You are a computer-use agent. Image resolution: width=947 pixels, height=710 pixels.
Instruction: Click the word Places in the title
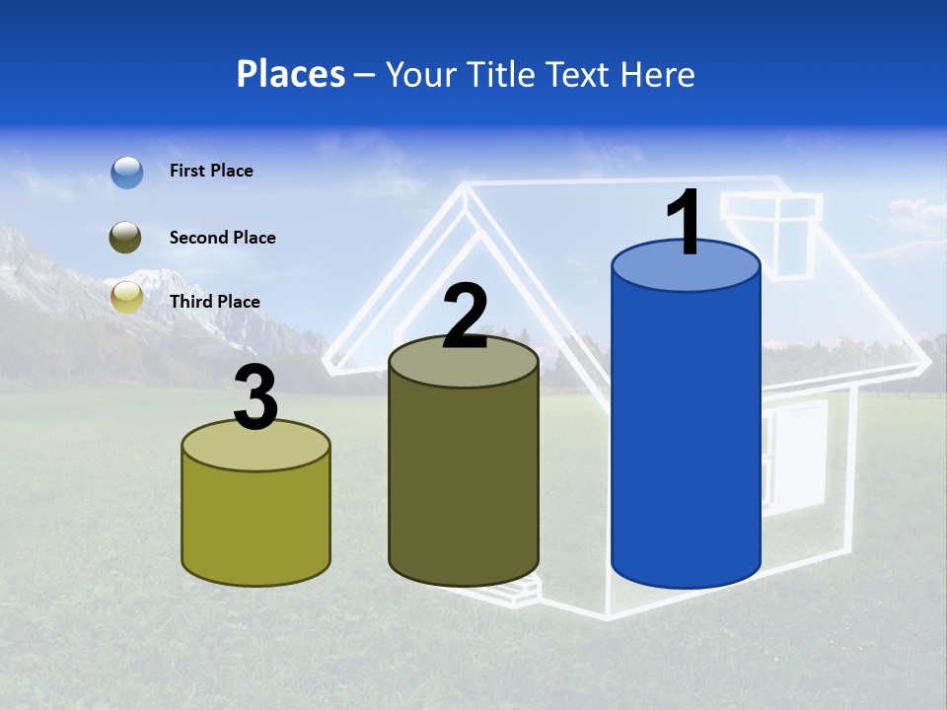click(290, 74)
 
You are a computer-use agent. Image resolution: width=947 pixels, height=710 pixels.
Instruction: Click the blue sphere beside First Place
click(127, 172)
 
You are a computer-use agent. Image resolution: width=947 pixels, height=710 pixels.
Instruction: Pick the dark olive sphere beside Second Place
click(126, 238)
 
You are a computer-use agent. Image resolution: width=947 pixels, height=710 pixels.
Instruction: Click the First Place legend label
click(211, 171)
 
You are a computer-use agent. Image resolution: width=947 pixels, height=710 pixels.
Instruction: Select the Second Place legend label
click(222, 238)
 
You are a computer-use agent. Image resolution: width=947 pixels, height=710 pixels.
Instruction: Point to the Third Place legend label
click(214, 302)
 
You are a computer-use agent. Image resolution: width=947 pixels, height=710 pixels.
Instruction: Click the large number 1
click(684, 223)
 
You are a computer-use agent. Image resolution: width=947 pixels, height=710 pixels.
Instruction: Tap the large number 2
click(465, 318)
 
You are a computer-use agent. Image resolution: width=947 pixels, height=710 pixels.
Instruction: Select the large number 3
click(256, 398)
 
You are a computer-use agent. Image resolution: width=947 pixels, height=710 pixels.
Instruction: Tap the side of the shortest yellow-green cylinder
click(256, 523)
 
